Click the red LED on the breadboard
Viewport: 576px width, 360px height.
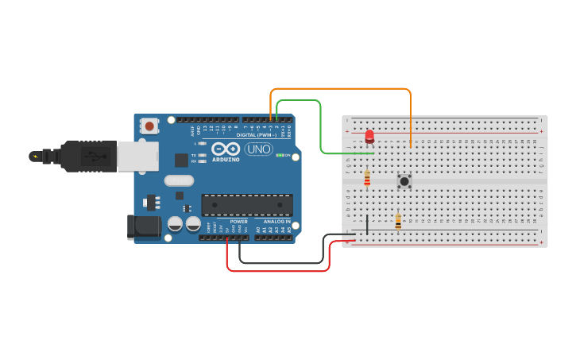369,137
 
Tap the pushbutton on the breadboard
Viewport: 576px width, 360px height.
404,181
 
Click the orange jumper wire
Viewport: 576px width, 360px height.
342,90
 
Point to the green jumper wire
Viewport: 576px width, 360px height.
320,127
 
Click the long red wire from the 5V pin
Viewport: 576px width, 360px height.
278,270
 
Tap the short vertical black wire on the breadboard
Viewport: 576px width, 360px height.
367,223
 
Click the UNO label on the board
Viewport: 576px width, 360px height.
258,149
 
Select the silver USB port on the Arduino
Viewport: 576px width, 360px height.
137,157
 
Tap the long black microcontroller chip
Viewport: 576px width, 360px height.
245,204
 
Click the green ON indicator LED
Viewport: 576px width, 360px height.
278,156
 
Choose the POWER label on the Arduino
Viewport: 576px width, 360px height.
238,222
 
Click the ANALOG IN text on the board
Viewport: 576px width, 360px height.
276,222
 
